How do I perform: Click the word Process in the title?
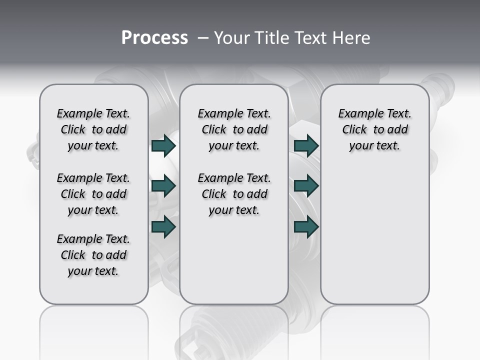click(154, 38)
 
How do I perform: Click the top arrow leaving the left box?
click(163, 145)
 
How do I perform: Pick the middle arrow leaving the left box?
click(163, 186)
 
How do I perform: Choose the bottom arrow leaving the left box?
click(163, 226)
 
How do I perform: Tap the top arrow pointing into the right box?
click(306, 145)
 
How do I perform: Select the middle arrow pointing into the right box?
click(306, 186)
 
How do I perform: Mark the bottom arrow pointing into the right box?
click(306, 226)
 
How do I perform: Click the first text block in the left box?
click(93, 129)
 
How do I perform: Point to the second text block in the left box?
click(93, 194)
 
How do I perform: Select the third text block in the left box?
click(93, 255)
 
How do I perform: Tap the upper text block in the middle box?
click(234, 129)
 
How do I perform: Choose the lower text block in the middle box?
click(234, 194)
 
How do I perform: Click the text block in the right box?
click(374, 129)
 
